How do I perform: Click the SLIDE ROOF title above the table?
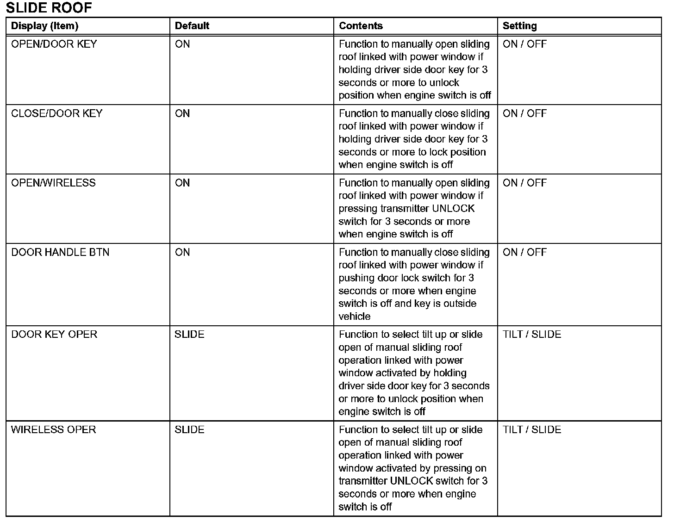[x=49, y=7]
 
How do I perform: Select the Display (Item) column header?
[x=44, y=26]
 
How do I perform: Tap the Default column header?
[x=192, y=26]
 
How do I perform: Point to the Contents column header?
[x=361, y=26]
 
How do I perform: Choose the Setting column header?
[x=519, y=26]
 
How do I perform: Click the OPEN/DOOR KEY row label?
[x=54, y=44]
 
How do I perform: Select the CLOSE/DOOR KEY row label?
[x=56, y=113]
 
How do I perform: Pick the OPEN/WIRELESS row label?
[x=53, y=183]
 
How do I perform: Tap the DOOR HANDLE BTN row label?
[x=60, y=252]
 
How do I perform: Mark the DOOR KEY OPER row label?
[x=54, y=334]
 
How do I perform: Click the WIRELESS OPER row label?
[x=53, y=429]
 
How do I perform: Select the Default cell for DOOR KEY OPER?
[x=189, y=334]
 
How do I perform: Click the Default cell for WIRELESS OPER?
[x=189, y=429]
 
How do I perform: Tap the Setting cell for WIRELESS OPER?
[x=532, y=429]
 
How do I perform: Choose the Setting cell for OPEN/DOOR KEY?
[x=524, y=44]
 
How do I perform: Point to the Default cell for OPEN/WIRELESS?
[x=182, y=183]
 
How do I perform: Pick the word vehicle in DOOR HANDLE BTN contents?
[x=354, y=317]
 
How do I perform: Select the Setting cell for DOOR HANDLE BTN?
[x=524, y=252]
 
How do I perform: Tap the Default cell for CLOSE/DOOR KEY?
[x=182, y=113]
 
